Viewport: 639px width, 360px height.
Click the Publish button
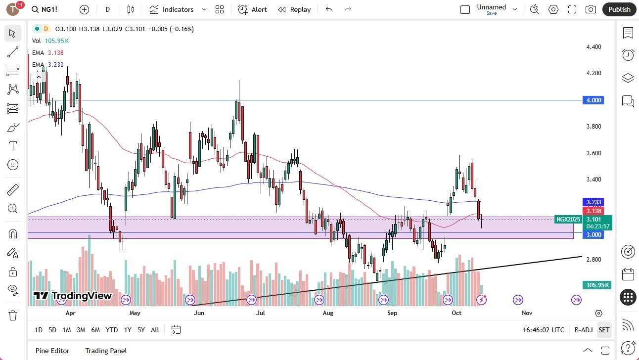click(x=619, y=9)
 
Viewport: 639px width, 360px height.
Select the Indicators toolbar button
click(x=172, y=9)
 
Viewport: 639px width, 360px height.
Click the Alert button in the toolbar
click(x=252, y=9)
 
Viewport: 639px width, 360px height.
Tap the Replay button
click(x=294, y=9)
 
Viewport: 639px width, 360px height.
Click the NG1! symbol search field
click(x=48, y=9)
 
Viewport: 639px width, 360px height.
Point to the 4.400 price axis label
click(x=593, y=47)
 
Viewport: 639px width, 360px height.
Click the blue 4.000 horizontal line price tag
click(x=593, y=100)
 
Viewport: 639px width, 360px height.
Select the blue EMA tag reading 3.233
click(x=593, y=202)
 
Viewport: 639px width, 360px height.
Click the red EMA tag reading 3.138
click(x=593, y=211)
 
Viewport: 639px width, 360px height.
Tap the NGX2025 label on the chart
click(x=568, y=220)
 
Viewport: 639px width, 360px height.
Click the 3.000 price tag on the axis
click(x=593, y=235)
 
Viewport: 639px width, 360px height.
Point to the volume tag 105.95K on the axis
click(x=597, y=285)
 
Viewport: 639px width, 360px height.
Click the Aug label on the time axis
click(x=328, y=313)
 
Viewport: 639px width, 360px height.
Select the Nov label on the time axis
click(x=527, y=313)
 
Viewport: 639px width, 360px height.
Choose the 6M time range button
click(x=95, y=330)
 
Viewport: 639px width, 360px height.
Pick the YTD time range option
click(x=112, y=330)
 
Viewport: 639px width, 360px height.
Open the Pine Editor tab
click(x=52, y=351)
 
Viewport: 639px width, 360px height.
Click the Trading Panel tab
click(x=106, y=351)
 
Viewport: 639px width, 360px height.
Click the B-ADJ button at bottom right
click(x=584, y=330)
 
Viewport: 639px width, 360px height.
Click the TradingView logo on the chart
click(x=72, y=296)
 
